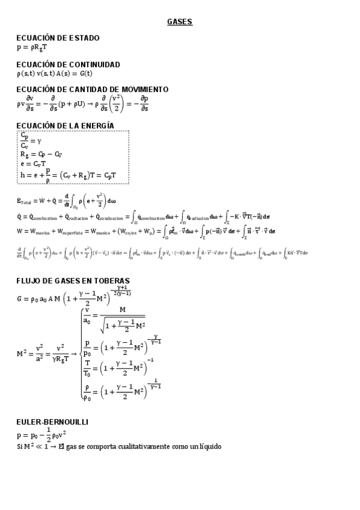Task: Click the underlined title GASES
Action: click(x=180, y=22)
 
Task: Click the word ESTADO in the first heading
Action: click(x=81, y=38)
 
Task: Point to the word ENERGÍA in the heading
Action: click(x=95, y=125)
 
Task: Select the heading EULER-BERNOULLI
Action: click(x=52, y=422)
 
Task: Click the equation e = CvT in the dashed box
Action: click(x=34, y=163)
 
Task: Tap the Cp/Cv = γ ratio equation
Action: click(x=29, y=141)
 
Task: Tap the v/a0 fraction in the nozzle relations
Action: click(x=88, y=315)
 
